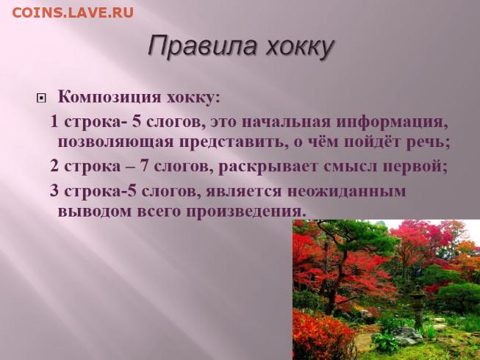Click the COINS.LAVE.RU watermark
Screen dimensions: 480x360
pyautogui.click(x=73, y=12)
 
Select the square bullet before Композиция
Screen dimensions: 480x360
pyautogui.click(x=41, y=98)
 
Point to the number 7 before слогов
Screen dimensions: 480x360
pyautogui.click(x=144, y=166)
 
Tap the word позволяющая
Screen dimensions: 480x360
pyautogui.click(x=115, y=143)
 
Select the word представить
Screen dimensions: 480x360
pyautogui.click(x=234, y=143)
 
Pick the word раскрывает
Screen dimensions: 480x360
pyautogui.click(x=268, y=167)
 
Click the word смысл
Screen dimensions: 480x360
pyautogui.click(x=351, y=166)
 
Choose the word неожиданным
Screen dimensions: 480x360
pyautogui.click(x=346, y=192)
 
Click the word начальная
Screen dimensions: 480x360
pyautogui.click(x=286, y=123)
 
